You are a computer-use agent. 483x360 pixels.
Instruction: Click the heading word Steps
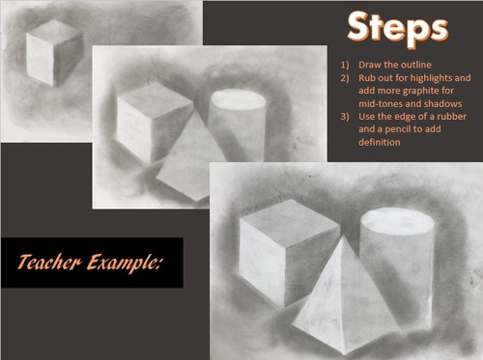pos(398,29)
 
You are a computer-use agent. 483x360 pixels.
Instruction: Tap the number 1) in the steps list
pos(345,65)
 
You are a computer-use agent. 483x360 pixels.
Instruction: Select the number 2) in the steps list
pos(345,78)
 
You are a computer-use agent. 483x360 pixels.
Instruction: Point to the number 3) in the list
pos(345,117)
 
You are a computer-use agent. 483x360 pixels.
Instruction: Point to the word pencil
pos(398,129)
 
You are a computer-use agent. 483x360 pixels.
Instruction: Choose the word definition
pos(380,142)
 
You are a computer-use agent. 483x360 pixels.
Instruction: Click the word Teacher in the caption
pos(49,262)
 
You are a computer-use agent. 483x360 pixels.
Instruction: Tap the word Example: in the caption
pos(124,263)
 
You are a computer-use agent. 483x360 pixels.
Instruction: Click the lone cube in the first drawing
pos(54,53)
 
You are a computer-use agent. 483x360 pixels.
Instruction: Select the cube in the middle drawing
pos(155,123)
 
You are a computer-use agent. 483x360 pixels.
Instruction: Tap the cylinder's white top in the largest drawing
pos(398,219)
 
